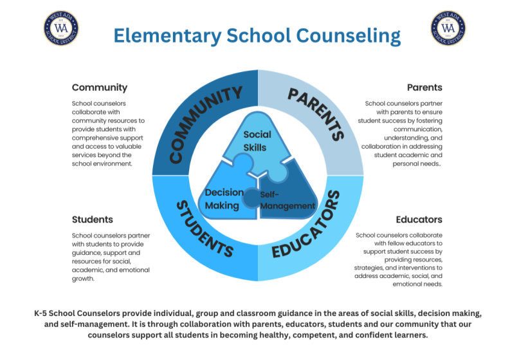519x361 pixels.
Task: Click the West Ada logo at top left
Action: pos(61,28)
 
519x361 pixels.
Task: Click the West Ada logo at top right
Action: pos(448,28)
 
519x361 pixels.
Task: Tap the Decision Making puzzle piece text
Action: pos(224,199)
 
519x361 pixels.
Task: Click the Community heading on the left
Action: pos(100,88)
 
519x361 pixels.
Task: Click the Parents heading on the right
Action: pos(424,88)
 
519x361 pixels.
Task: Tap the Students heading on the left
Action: pos(93,219)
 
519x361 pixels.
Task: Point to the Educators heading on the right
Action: pos(419,219)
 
